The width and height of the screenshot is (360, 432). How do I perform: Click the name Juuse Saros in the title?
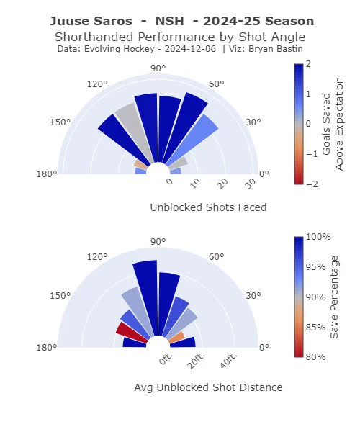91,21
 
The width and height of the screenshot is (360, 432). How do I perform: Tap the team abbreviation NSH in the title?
169,21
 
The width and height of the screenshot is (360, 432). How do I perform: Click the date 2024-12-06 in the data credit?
190,49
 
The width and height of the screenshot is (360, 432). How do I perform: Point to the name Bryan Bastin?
276,49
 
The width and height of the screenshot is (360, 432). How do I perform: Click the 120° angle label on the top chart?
97,84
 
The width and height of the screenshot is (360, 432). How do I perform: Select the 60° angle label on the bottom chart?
217,257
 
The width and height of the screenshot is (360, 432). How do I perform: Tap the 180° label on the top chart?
47,174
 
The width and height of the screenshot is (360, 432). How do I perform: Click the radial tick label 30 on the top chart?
251,183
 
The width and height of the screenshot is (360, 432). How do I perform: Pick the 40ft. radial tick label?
228,361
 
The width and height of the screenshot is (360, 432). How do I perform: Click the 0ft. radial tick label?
166,359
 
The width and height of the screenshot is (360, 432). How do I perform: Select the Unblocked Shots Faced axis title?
208,207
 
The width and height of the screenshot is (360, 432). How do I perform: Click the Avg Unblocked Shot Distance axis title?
208,387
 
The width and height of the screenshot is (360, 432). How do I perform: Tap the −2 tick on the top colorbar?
312,184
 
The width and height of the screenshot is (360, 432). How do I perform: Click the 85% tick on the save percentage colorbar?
315,328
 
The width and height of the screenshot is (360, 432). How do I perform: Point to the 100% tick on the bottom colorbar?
318,237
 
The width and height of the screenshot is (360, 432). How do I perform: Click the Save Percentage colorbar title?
334,297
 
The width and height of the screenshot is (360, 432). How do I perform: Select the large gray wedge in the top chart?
133,130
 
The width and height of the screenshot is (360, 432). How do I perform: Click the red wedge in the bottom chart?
131,333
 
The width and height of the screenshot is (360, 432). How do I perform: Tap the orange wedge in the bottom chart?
176,337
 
